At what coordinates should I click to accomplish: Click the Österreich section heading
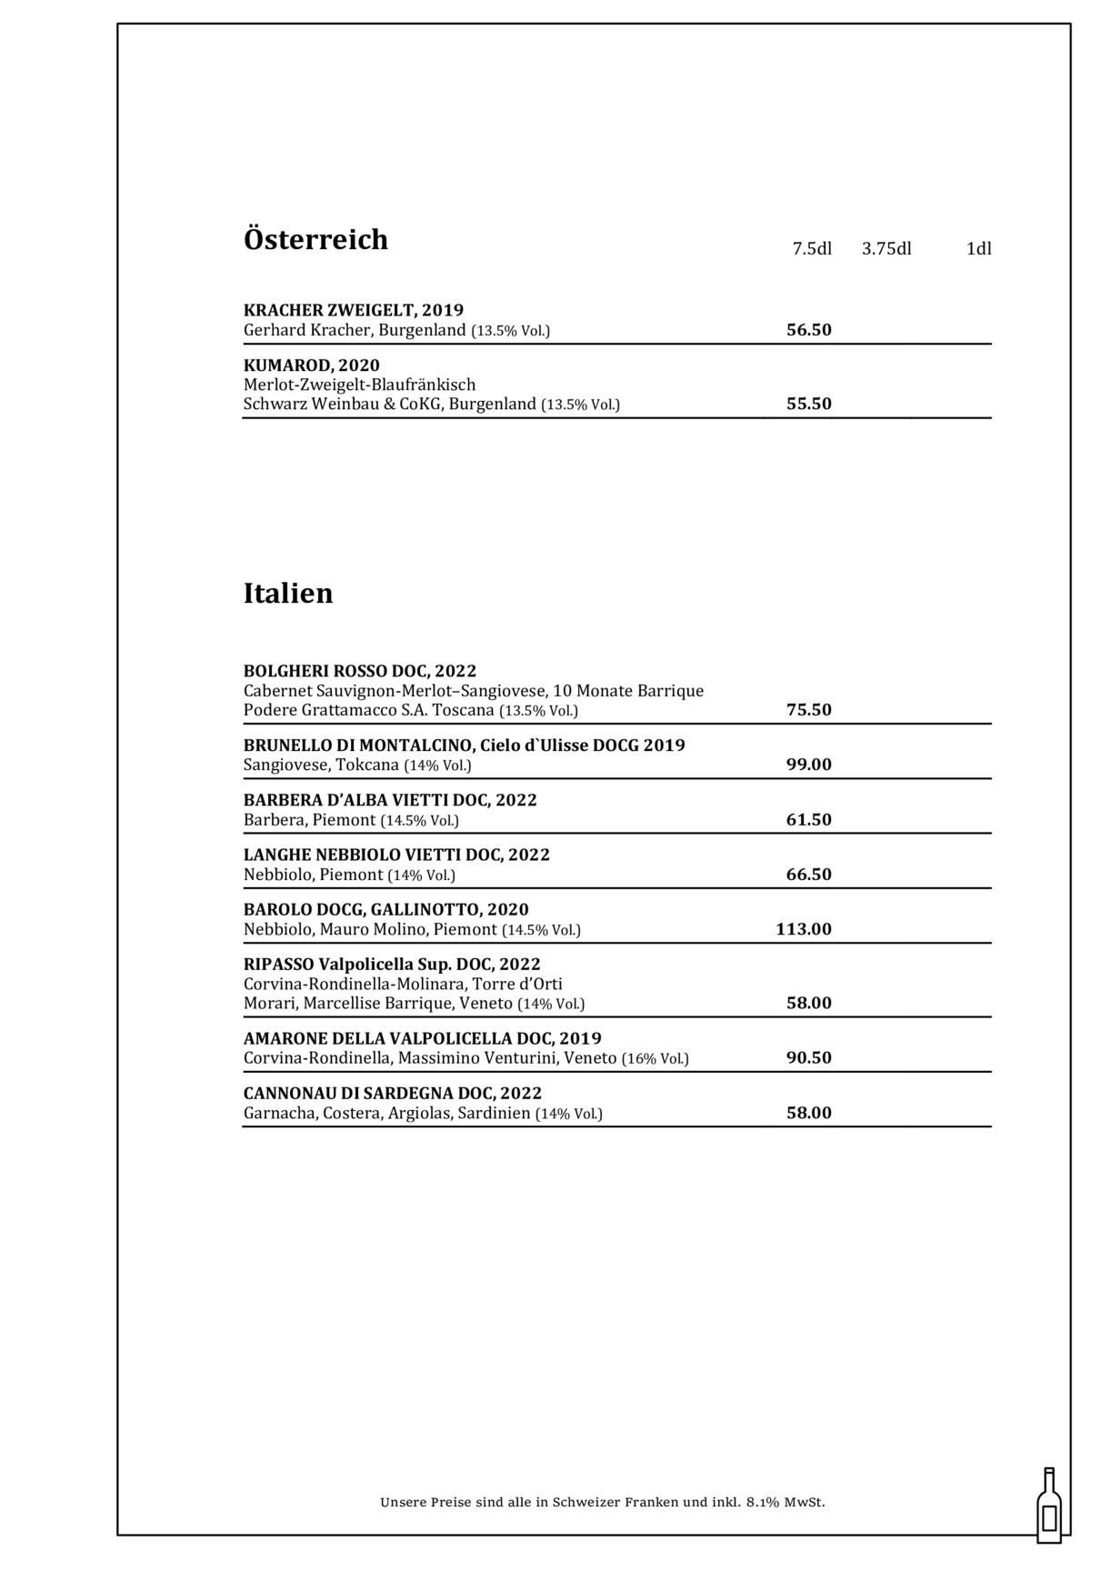tap(315, 239)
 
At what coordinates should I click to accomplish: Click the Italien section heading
tap(288, 593)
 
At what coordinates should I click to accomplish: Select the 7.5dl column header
tap(812, 248)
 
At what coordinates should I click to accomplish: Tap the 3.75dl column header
tap(886, 248)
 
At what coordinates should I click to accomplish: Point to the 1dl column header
tap(978, 248)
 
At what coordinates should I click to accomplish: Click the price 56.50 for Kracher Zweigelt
tap(808, 329)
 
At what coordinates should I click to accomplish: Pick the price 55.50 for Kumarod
tap(808, 404)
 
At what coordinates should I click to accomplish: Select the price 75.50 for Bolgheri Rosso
tap(808, 709)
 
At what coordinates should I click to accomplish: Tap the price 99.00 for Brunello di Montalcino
tap(808, 764)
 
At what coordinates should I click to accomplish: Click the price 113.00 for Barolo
tap(804, 928)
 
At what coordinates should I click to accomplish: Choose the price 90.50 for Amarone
tap(808, 1057)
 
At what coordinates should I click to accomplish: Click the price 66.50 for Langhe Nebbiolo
tap(808, 874)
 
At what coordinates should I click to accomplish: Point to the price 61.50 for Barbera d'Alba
tap(808, 819)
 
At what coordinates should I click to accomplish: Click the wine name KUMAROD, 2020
tap(312, 365)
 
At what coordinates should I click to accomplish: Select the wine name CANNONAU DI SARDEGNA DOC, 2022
tap(393, 1093)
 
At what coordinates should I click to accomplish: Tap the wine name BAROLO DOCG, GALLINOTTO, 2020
tap(386, 909)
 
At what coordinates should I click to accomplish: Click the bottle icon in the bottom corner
tap(1049, 1506)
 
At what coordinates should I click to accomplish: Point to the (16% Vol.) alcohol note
tap(655, 1058)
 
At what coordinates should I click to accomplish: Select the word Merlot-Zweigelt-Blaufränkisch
tap(359, 385)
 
